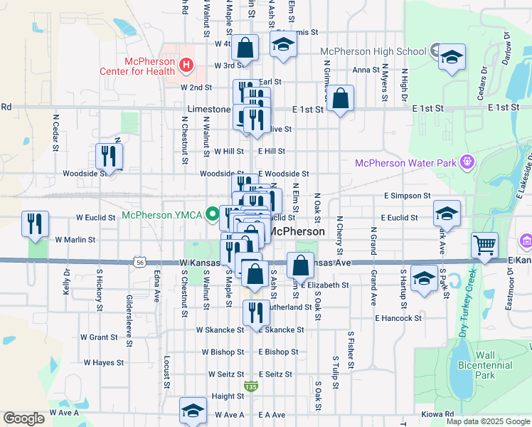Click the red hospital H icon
186,66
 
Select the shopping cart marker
484,246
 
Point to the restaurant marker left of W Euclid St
35,224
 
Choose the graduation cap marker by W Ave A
193,411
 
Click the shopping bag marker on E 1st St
341,100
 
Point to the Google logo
23,418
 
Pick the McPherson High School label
373,51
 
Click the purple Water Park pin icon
467,162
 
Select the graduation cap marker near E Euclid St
447,213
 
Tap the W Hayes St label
104,362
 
